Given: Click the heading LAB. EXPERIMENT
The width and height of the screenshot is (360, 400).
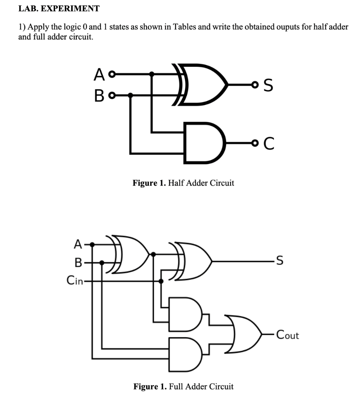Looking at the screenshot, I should tap(59, 8).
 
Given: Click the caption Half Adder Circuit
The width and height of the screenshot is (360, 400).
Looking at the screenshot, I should tap(183, 183).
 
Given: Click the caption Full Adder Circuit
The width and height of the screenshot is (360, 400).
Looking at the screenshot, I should tap(183, 387).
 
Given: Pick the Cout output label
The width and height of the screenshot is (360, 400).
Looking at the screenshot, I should tap(287, 335).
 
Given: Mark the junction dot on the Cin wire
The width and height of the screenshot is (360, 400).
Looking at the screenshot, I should tap(161, 280).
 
